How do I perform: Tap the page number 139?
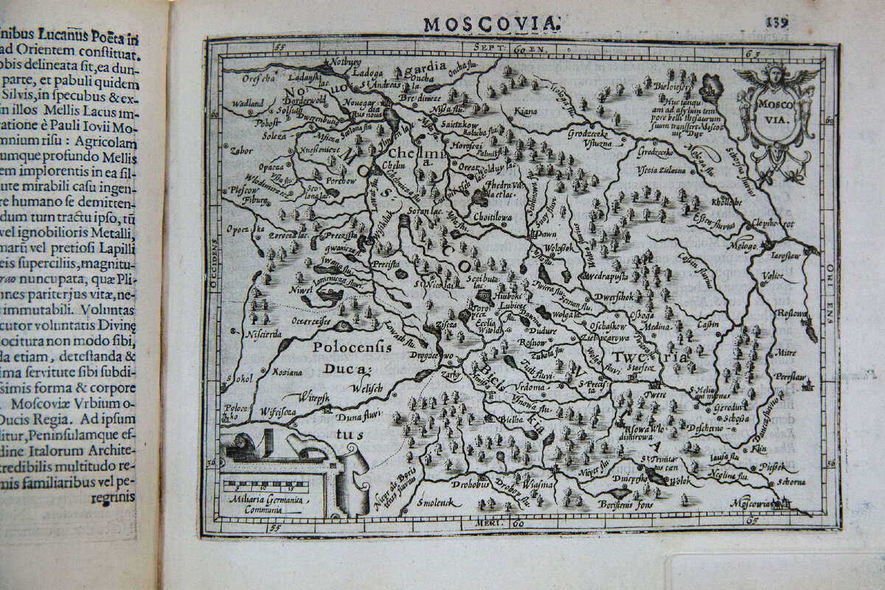776,22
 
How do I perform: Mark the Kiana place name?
526,112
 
